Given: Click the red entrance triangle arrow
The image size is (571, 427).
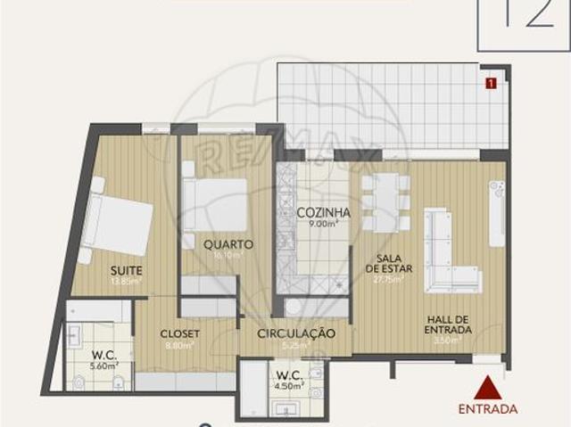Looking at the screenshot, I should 486,388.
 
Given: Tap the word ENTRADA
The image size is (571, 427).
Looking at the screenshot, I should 487,409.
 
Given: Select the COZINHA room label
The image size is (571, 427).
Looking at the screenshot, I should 323,213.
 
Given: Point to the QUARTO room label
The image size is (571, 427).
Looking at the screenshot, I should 228,243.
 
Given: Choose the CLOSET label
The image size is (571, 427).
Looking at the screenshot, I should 179,333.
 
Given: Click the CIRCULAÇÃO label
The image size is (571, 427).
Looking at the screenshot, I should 295,333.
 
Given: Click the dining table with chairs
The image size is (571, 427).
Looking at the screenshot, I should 385,203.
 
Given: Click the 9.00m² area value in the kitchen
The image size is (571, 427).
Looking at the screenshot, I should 323,224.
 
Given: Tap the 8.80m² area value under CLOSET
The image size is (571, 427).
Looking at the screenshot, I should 180,344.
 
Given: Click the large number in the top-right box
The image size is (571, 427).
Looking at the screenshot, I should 525,16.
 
